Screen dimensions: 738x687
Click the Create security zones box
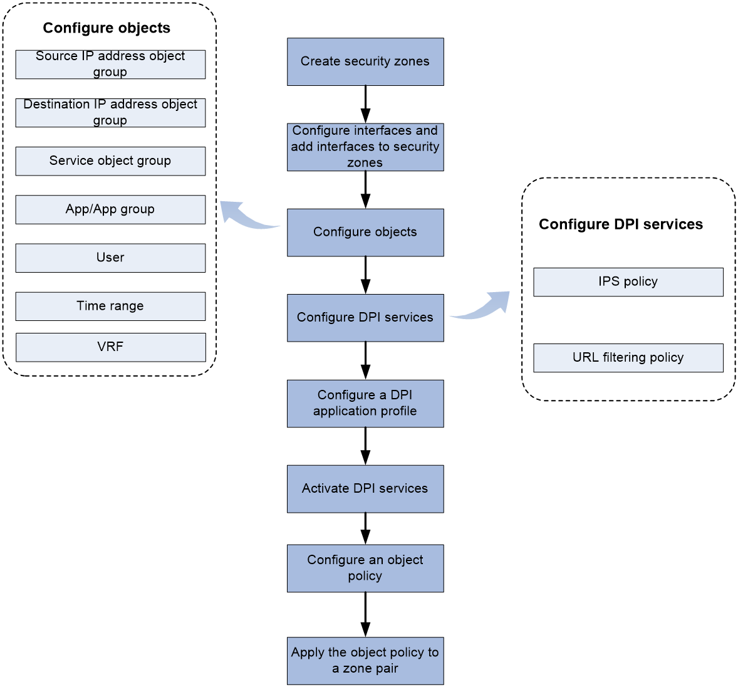tap(365, 61)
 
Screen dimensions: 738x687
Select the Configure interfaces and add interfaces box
tap(365, 147)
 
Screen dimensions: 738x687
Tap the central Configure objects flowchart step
tap(365, 233)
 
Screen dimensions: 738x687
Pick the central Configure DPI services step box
tap(365, 318)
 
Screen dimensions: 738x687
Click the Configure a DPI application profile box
tap(365, 404)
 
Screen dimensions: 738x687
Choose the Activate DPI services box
tap(365, 489)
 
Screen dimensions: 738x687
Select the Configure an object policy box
tap(365, 569)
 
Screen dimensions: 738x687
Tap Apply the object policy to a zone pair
tap(365, 661)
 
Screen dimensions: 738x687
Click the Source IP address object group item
tap(111, 65)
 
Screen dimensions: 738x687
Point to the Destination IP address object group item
tap(111, 113)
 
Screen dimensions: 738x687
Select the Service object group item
tap(111, 161)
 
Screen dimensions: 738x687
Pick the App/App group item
tap(111, 209)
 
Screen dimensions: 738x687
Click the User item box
tap(111, 258)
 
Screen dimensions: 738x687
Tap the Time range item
tap(111, 307)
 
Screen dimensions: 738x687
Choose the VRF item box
tap(111, 347)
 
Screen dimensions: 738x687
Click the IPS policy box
tap(628, 282)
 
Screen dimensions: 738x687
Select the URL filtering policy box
tap(628, 358)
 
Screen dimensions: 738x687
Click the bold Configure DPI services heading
tap(621, 224)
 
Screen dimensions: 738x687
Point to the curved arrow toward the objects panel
tap(245, 219)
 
